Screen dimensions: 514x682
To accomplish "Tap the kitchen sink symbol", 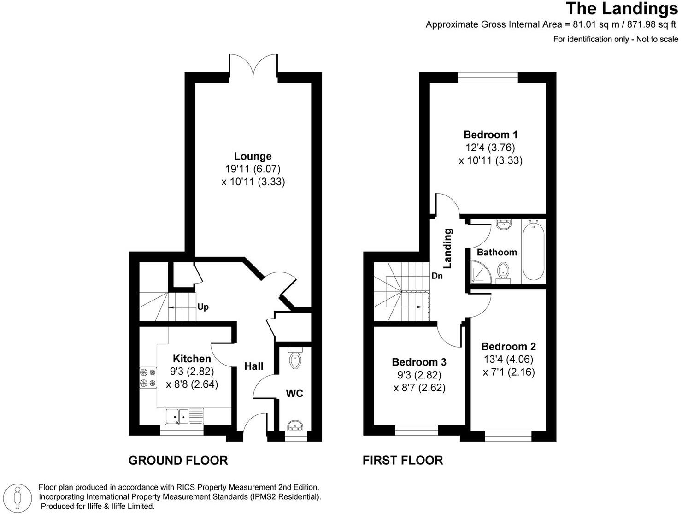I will click(184, 416).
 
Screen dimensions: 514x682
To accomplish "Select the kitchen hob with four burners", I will click(148, 377).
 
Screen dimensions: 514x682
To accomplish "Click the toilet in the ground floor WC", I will click(294, 359).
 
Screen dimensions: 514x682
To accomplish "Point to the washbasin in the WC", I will click(294, 425).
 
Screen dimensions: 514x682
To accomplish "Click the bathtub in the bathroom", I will click(534, 251).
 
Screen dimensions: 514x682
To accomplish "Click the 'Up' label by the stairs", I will click(203, 307).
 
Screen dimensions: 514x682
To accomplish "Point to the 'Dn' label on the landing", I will click(437, 276).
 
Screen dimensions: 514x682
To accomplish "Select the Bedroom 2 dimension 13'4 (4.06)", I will click(509, 359).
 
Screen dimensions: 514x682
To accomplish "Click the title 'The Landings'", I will click(622, 8).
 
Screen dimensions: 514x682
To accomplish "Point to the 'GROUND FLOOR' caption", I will click(178, 460).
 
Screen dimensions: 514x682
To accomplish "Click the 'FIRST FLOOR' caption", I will click(403, 460).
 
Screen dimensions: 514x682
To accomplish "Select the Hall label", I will click(253, 366).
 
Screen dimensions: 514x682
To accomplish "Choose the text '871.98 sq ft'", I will click(653, 24).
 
